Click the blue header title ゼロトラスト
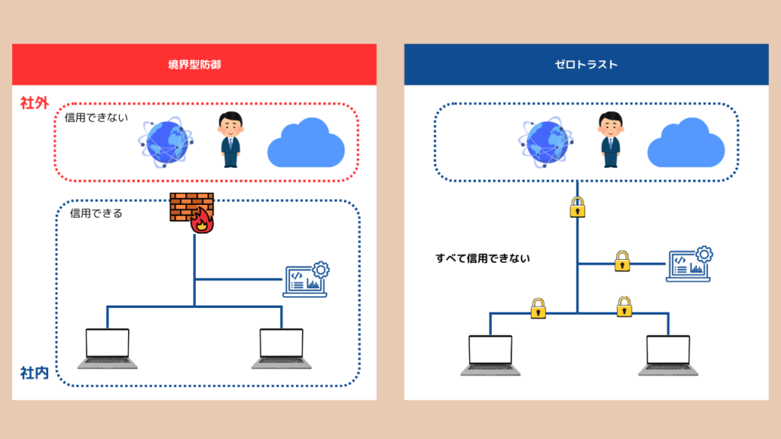tap(586, 65)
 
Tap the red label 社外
tap(34, 103)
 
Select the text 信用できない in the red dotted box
tap(97, 118)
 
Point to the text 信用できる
tap(96, 213)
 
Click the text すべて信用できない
tap(483, 258)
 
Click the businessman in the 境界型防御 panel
tap(230, 139)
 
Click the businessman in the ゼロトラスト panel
tap(609, 139)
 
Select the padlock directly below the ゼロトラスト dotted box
tap(577, 207)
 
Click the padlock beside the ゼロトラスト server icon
tap(622, 261)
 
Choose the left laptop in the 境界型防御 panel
tap(108, 348)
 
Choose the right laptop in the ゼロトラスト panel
tap(668, 354)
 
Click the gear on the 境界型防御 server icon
tap(321, 268)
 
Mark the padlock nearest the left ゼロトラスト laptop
tap(538, 307)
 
